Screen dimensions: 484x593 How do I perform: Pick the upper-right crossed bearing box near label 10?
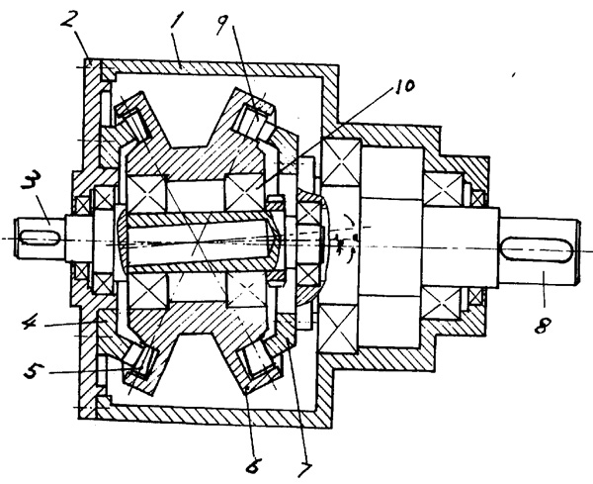pyautogui.click(x=245, y=188)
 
